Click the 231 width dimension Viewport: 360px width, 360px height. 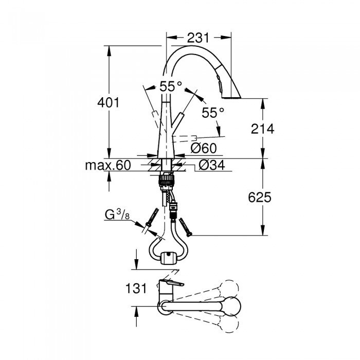pyautogui.click(x=199, y=38)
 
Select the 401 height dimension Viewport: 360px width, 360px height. pyautogui.click(x=109, y=103)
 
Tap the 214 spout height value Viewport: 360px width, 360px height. pyautogui.click(x=262, y=129)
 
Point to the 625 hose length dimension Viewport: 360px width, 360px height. pyautogui.click(x=260, y=197)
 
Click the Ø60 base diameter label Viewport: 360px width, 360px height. pyautogui.click(x=204, y=148)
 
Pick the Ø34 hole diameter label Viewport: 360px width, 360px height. pyautogui.click(x=212, y=165)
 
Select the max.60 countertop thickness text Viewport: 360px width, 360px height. pyautogui.click(x=108, y=165)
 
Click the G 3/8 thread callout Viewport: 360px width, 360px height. pyautogui.click(x=117, y=214)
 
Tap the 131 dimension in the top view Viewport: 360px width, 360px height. pyautogui.click(x=136, y=288)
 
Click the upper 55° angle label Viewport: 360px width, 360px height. pyautogui.click(x=171, y=86)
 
